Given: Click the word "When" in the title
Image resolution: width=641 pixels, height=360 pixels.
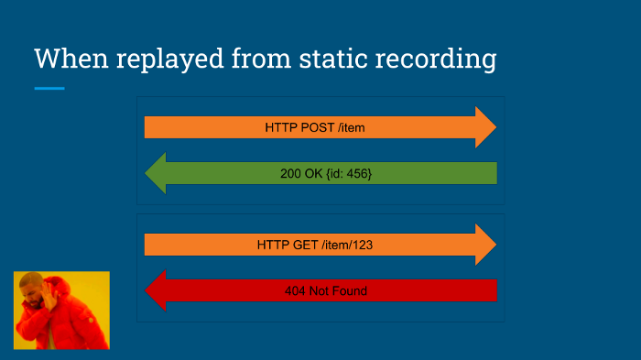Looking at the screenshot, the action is point(71,58).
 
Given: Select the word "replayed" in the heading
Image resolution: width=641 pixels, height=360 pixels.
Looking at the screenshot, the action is point(170,60).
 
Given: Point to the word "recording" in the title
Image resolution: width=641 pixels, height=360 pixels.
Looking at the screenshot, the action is point(436,60).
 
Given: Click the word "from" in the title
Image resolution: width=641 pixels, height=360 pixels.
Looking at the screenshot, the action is point(262,58).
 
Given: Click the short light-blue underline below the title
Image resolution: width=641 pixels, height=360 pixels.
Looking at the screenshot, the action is point(49,88).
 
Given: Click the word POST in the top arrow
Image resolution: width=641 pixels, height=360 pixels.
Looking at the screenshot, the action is point(317,127).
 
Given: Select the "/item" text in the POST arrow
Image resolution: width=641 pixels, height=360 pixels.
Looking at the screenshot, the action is point(351,127).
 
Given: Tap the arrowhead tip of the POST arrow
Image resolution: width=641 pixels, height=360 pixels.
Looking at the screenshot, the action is point(495,127).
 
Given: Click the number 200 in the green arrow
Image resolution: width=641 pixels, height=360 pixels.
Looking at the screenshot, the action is point(290,173).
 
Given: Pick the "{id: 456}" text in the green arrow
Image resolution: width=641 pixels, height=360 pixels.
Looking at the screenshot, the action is point(349,174).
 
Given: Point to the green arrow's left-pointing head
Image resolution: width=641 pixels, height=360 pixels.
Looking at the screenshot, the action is point(156,173).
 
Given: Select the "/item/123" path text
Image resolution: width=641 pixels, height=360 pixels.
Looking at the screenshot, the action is point(347,245).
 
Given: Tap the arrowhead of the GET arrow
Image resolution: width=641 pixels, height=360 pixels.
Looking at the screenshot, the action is point(486,245).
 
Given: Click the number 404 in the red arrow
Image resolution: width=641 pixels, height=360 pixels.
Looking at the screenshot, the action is point(295,291).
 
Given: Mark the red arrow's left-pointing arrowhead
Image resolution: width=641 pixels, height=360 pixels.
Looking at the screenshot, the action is point(156,290).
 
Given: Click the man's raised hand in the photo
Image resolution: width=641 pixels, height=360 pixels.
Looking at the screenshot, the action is point(49,297).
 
